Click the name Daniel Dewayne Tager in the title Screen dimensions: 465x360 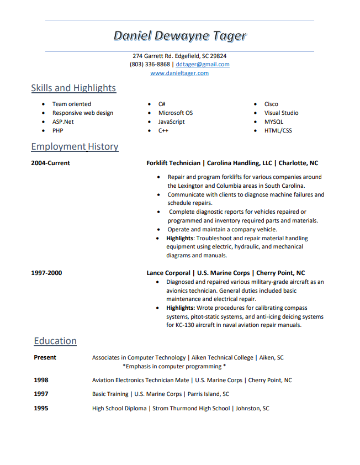tap(179, 36)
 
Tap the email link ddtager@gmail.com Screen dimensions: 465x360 tap(202, 64)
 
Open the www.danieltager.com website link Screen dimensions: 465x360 tap(179, 73)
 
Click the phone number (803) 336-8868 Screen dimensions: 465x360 tap(150, 64)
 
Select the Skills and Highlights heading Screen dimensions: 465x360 tap(73, 88)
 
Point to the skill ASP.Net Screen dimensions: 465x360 tap(63, 121)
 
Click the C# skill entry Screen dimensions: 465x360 tap(162, 104)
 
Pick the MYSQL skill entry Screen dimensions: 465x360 tap(273, 121)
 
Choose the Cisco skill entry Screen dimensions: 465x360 tap(271, 104)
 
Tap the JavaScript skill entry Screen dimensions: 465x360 tap(171, 121)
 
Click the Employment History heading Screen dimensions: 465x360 tap(75, 146)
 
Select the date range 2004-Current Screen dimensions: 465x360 tap(50, 163)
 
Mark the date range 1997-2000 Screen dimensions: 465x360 tap(46, 273)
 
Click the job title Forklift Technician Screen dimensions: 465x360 tap(173, 163)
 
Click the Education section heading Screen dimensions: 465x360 tap(55, 341)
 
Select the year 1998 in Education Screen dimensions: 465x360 tap(41, 380)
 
